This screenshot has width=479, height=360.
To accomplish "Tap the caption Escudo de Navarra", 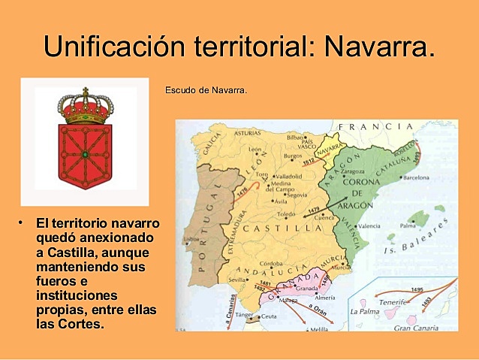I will [206, 91].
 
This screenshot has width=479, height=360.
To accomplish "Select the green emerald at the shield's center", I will [85, 154].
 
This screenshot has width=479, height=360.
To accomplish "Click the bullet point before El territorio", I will [23, 222].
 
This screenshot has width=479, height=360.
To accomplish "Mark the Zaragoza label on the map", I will [352, 171].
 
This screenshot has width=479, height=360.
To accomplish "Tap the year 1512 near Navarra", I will [309, 160].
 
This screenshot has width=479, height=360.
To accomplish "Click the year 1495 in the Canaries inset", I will [417, 289].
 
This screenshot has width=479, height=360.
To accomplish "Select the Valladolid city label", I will [287, 176].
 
